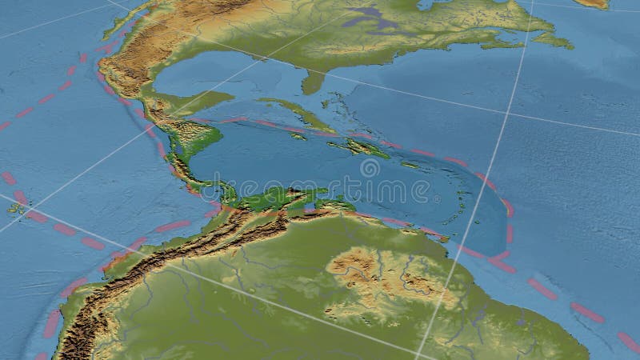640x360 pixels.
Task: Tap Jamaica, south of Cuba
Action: [298, 136]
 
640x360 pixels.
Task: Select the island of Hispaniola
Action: [359, 147]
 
